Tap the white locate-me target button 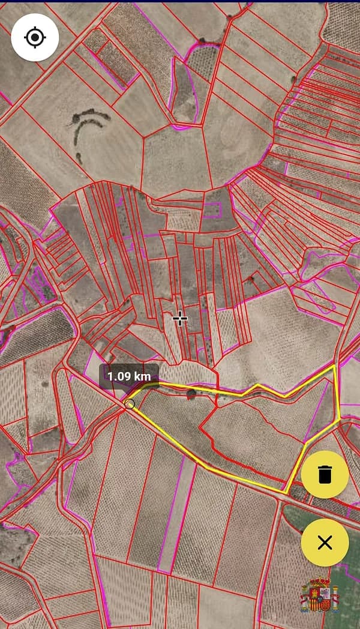[x=35, y=37]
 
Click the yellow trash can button [x=325, y=474]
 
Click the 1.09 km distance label [x=128, y=376]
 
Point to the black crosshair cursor [x=179, y=319]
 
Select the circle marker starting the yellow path [x=130, y=405]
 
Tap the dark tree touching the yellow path [x=191, y=394]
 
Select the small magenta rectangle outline [x=212, y=209]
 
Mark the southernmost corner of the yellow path [x=284, y=493]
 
